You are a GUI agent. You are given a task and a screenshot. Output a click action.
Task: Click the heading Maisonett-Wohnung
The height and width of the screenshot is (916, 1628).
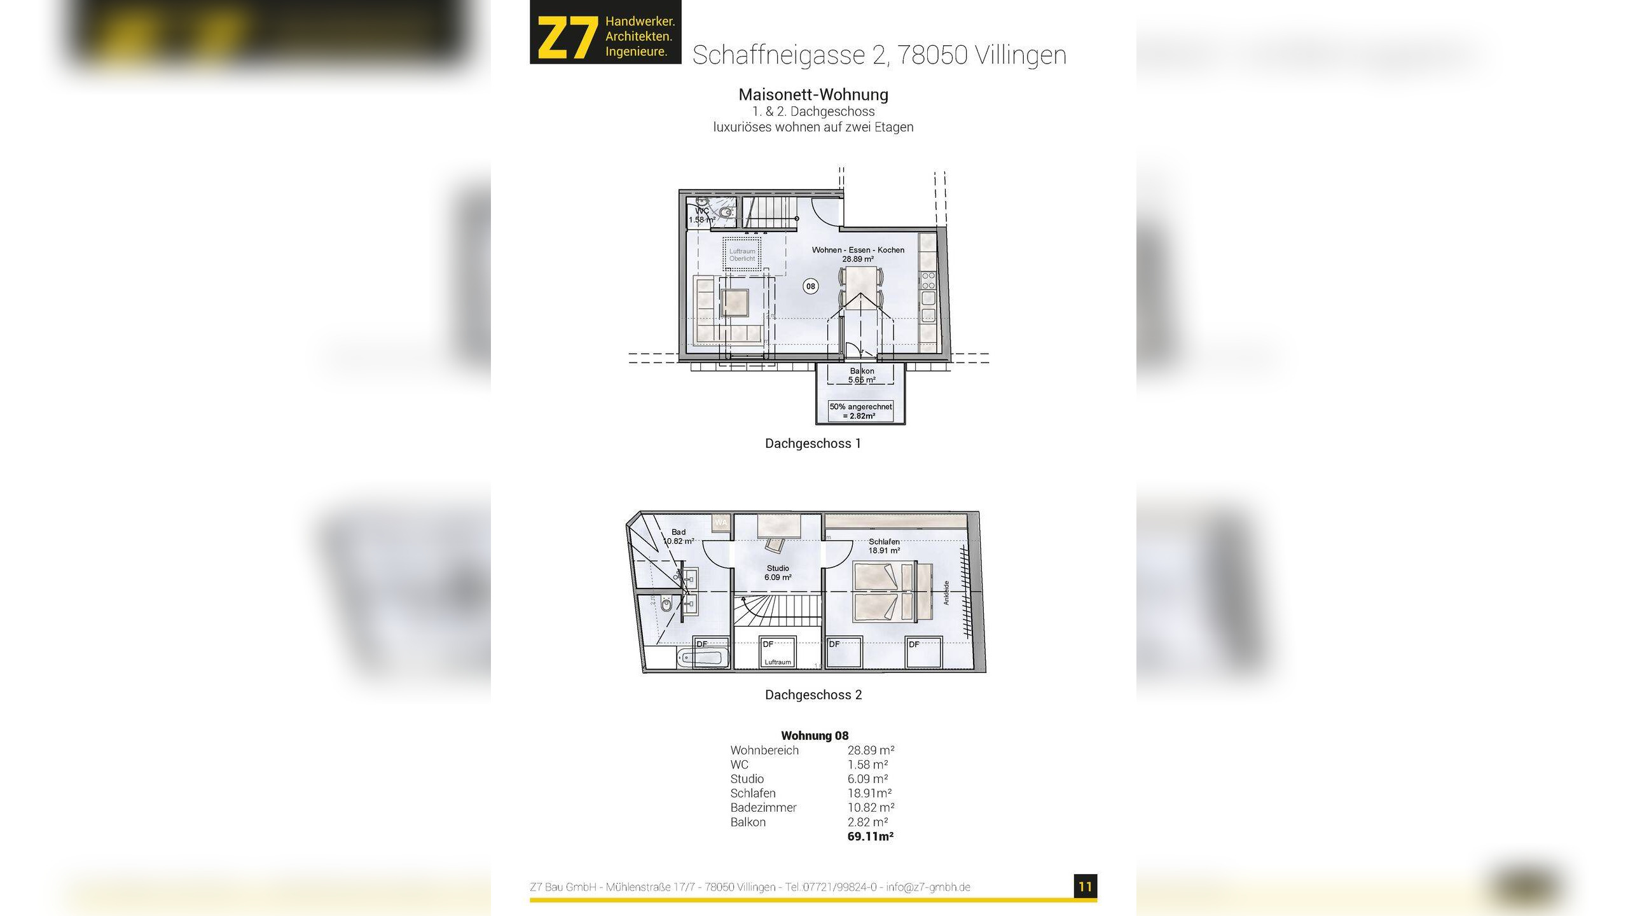tap(813, 95)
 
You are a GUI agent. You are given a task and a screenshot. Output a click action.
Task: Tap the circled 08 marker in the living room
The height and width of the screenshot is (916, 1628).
tap(810, 286)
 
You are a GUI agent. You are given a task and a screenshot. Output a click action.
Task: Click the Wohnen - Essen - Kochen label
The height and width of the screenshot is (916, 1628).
tap(858, 250)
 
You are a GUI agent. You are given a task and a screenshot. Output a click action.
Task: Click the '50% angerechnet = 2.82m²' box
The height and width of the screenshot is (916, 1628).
tap(860, 411)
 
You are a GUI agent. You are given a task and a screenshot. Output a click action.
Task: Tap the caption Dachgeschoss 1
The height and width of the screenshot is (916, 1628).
tap(813, 443)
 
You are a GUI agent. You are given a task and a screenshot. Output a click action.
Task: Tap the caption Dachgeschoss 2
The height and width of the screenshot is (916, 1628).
tap(813, 695)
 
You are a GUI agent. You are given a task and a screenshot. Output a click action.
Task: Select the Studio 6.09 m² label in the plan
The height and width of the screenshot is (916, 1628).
tap(778, 572)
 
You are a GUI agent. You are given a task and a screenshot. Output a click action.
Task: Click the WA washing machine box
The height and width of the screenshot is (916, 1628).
tap(721, 522)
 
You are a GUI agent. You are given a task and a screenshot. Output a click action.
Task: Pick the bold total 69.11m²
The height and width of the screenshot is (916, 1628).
tap(870, 836)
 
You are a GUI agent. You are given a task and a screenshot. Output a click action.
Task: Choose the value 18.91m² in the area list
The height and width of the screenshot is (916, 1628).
tap(869, 793)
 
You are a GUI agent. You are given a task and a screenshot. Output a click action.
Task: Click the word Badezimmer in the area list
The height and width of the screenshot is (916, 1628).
tap(763, 808)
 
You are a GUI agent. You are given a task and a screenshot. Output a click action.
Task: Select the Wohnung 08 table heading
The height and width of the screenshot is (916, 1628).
tap(815, 735)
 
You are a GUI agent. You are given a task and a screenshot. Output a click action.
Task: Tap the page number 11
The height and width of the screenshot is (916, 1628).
tap(1085, 887)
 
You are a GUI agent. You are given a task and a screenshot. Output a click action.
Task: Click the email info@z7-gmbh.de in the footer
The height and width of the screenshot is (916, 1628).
tap(928, 887)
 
